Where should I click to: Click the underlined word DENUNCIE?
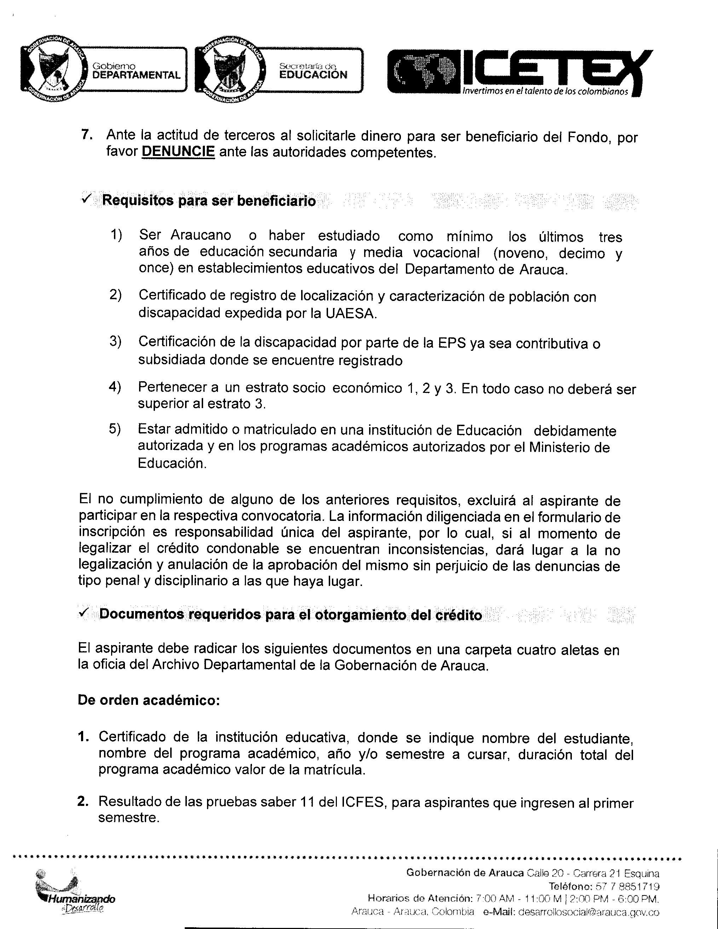(x=178, y=152)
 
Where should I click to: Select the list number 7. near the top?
(x=87, y=135)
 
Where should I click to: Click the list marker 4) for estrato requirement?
(x=115, y=387)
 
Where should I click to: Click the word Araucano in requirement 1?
(x=201, y=235)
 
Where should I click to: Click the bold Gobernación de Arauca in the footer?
(x=464, y=873)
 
